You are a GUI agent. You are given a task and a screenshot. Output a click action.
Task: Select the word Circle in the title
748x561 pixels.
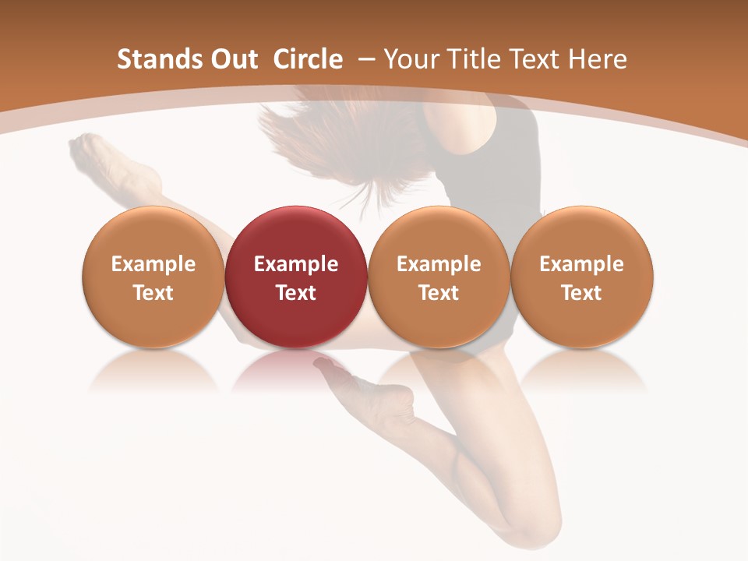click(308, 59)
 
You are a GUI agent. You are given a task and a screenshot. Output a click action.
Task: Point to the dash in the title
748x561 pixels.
click(363, 59)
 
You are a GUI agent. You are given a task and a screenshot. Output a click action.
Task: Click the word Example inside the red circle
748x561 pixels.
click(295, 264)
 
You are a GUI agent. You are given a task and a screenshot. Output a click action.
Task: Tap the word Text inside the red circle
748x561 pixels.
click(295, 293)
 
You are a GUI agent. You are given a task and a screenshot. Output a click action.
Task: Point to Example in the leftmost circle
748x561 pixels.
click(153, 264)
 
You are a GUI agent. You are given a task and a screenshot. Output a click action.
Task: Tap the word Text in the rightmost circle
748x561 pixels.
click(581, 293)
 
